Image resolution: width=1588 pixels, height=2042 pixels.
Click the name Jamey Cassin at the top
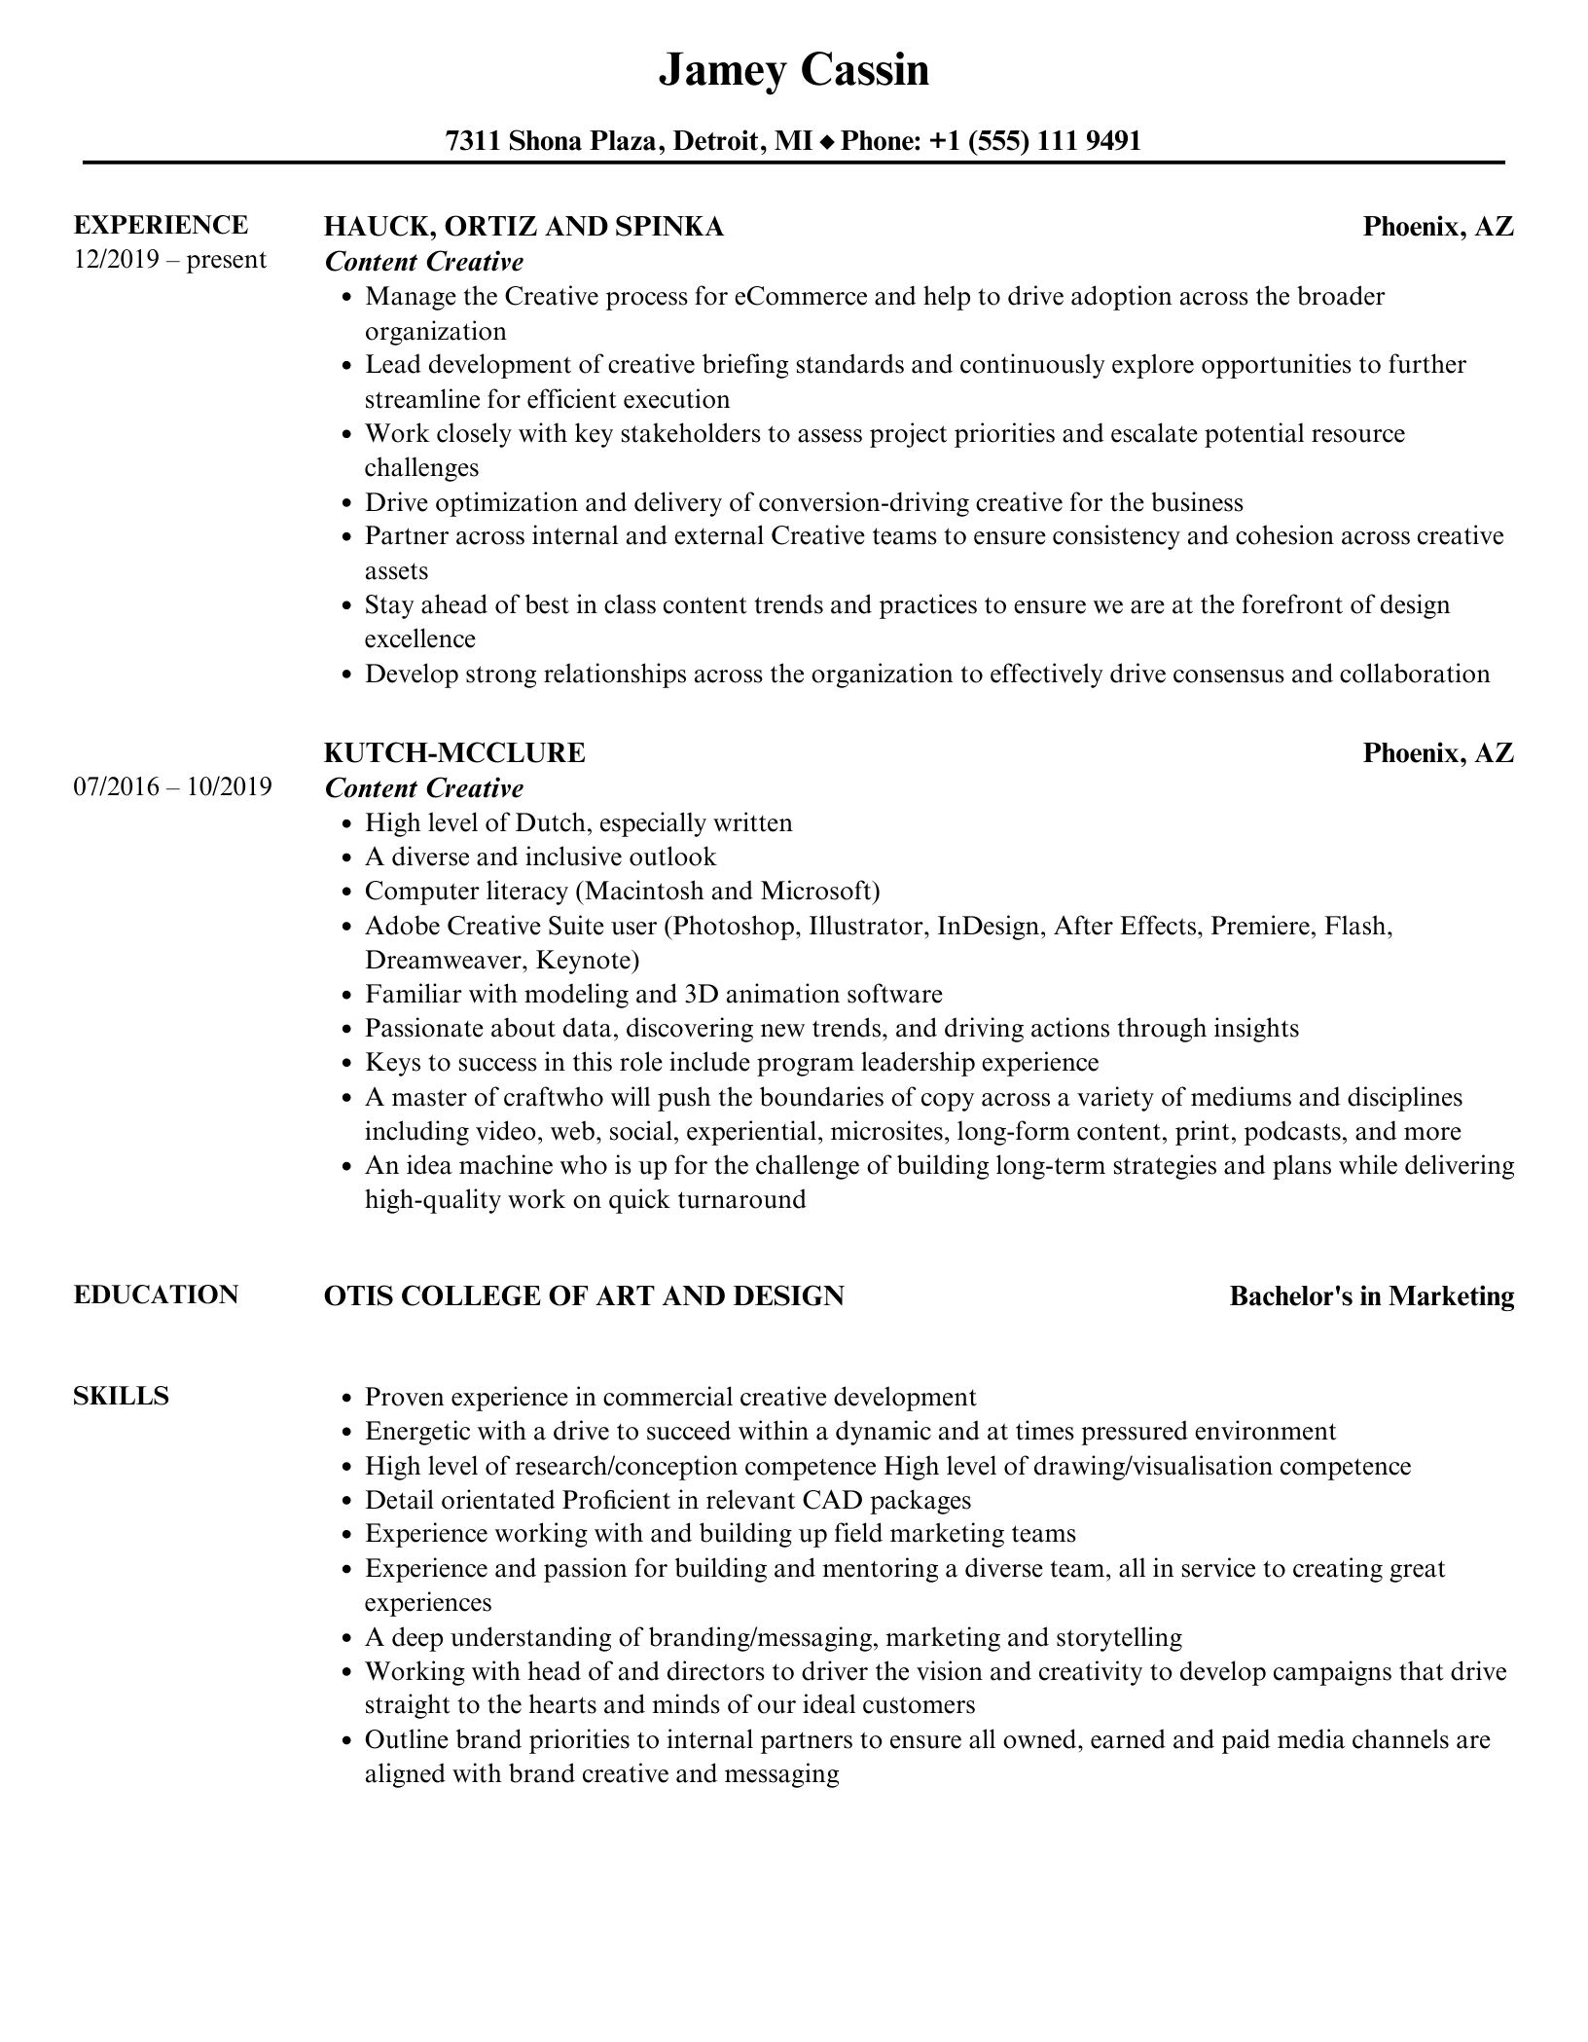(793, 70)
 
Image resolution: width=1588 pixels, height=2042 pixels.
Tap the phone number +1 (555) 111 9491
(1034, 141)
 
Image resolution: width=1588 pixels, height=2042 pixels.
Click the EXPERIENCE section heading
(161, 225)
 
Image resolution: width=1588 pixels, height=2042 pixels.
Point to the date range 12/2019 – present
(169, 260)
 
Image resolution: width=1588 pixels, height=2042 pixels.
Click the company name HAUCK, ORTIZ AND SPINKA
(523, 227)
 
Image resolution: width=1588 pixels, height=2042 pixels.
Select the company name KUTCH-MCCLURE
(454, 752)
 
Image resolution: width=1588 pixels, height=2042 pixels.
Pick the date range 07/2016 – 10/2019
(172, 786)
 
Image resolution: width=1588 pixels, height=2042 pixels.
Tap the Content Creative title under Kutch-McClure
(424, 787)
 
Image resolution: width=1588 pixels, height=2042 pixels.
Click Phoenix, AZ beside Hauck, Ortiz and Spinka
(1437, 227)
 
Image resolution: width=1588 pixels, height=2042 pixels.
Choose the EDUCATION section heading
(156, 1294)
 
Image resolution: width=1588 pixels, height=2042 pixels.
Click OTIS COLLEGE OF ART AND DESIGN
(584, 1296)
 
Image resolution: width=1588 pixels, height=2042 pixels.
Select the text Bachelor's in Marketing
(1371, 1296)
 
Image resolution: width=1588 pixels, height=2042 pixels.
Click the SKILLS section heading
(121, 1396)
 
